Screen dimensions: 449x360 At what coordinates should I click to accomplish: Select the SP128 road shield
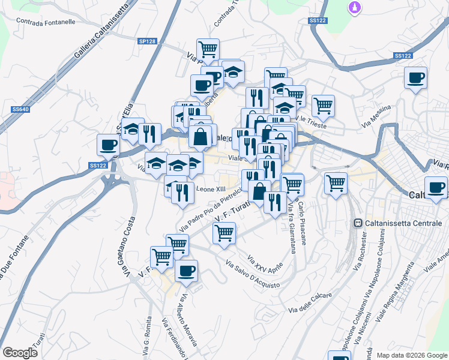pyautogui.click(x=147, y=41)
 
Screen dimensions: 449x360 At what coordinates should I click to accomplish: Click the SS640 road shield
pyautogui.click(x=20, y=109)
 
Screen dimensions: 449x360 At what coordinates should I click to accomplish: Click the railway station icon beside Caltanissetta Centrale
pyautogui.click(x=357, y=223)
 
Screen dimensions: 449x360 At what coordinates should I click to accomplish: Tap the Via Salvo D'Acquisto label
pyautogui.click(x=252, y=274)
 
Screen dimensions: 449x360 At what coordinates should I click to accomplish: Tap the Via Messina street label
pyautogui.click(x=376, y=116)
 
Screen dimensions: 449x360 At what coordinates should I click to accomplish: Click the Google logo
pyautogui.click(x=20, y=353)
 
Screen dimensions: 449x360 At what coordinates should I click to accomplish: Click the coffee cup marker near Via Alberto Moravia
pyautogui.click(x=186, y=270)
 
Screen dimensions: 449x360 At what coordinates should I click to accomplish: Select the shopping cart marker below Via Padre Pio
pyautogui.click(x=224, y=233)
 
